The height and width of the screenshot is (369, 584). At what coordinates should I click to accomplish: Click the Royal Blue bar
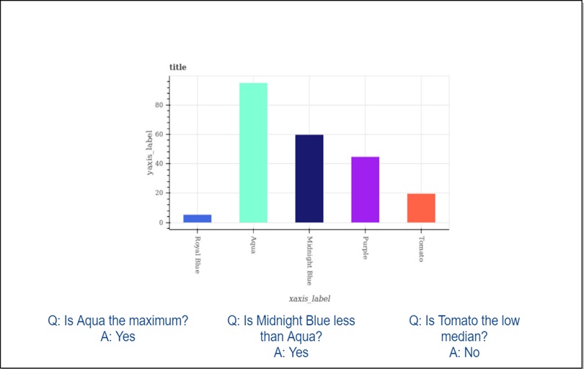pos(198,219)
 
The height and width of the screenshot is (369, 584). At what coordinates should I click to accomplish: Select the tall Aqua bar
pos(253,152)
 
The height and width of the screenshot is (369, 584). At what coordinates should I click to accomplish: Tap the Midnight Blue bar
pos(309,178)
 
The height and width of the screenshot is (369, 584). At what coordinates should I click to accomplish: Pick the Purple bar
pos(365,189)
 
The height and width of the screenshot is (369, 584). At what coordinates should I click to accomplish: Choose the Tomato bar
pos(421,208)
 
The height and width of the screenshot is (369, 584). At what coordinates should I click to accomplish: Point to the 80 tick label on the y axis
pos(159,105)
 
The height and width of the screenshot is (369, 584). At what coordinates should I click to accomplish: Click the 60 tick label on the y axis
pos(159,134)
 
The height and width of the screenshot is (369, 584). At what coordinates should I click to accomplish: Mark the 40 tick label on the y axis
pos(159,164)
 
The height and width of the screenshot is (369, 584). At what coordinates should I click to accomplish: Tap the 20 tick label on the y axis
pos(159,194)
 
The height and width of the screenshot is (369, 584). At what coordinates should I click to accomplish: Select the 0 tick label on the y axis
pos(162,222)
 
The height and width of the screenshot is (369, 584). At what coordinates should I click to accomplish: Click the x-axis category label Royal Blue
pos(198,255)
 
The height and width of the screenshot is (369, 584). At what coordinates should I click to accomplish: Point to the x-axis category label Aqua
pos(253,245)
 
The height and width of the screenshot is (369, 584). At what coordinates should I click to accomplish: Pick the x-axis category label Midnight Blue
pos(309,261)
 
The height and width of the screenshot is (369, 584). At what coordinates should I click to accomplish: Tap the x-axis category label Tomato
pos(421,249)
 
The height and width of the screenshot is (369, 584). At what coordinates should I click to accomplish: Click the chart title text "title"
pos(177,67)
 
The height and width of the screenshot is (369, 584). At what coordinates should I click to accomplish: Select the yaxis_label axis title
pos(149,152)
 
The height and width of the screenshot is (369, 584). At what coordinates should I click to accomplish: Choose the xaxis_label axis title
pos(309,299)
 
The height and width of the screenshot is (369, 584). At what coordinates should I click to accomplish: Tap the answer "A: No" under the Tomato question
pos(464,352)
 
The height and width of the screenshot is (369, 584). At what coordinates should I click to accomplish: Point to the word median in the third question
pos(464,337)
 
